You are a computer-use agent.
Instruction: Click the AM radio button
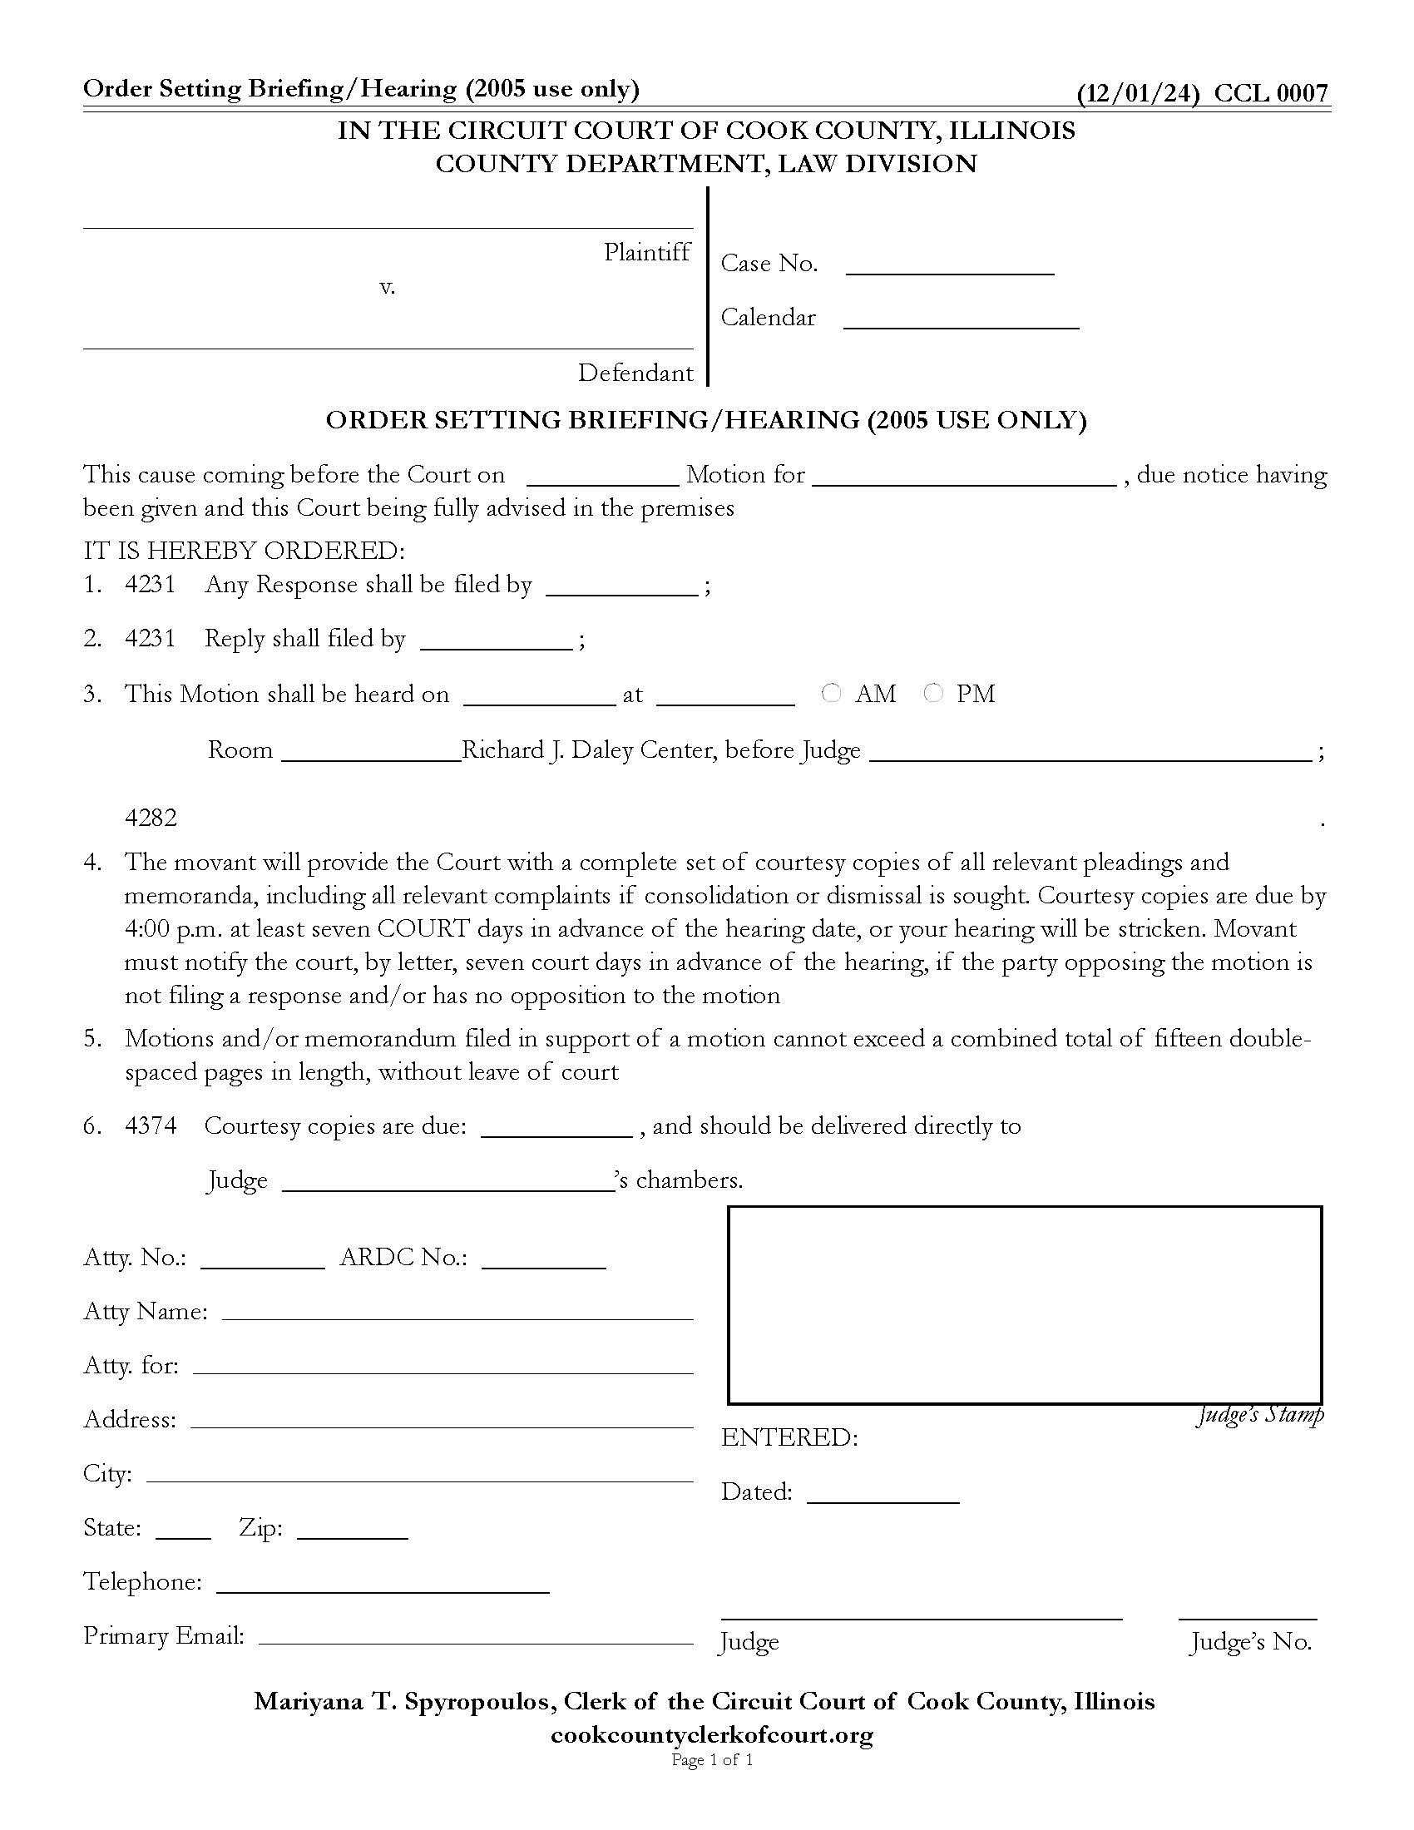(831, 693)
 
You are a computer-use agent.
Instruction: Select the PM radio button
(933, 693)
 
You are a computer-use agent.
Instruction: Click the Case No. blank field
(950, 265)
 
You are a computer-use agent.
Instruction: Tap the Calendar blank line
(961, 319)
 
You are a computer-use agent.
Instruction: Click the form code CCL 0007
(1271, 93)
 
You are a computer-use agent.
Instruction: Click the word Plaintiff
(646, 252)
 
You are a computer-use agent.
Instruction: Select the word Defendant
(635, 373)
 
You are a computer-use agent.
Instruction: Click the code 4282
(151, 818)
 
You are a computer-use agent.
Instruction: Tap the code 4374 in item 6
(151, 1125)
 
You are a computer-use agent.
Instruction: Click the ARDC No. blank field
(544, 1258)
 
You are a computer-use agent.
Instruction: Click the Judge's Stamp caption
(1260, 1415)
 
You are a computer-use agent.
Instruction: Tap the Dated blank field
(883, 1493)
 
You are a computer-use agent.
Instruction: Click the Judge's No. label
(1251, 1641)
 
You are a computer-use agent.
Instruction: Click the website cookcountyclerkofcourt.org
(711, 1734)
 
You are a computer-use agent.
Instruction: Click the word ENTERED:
(789, 1438)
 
